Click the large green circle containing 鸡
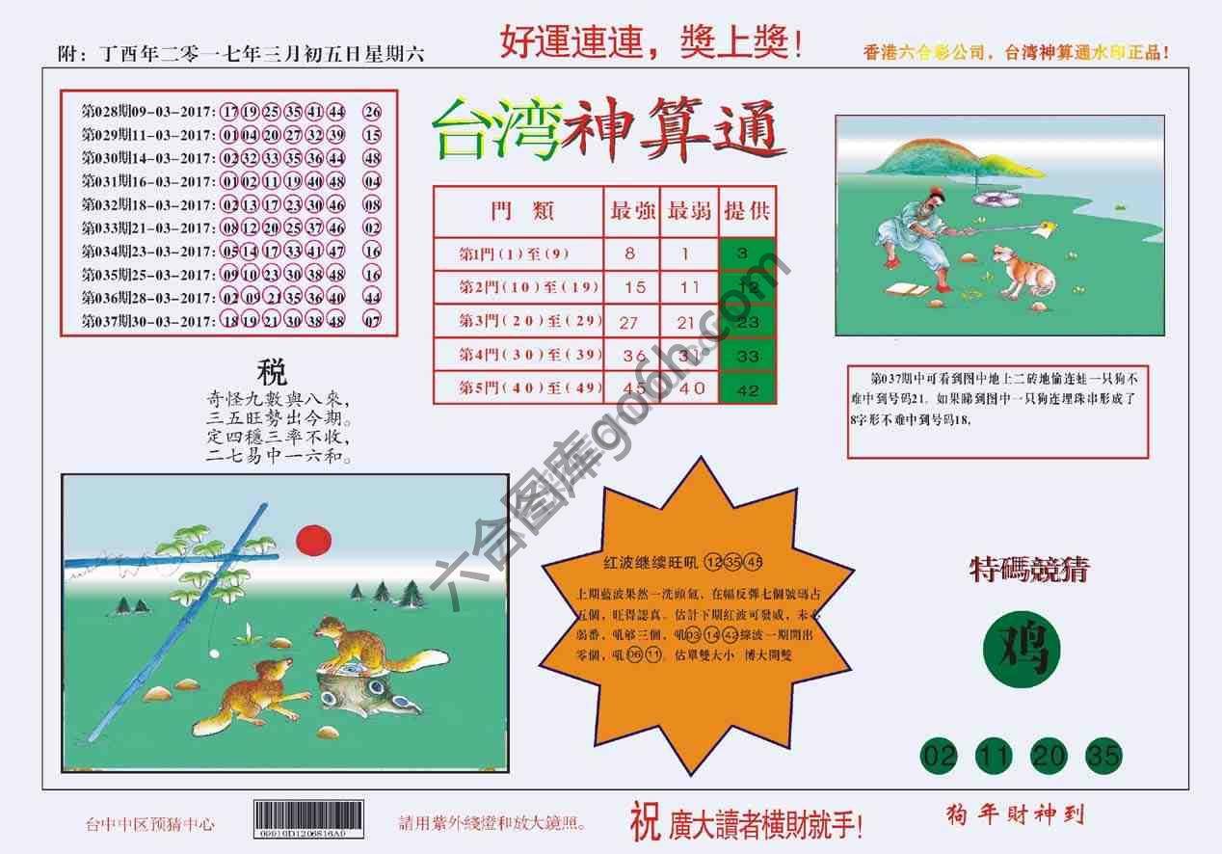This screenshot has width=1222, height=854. point(1022,650)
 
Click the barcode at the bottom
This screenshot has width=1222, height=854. point(308,819)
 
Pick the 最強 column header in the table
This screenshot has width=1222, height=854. point(633,211)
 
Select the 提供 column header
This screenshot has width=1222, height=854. point(747,211)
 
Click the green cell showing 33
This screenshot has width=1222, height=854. point(747,356)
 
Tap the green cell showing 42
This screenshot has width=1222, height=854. point(747,389)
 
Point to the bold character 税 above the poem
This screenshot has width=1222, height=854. point(272,372)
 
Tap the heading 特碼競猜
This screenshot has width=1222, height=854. point(1028,570)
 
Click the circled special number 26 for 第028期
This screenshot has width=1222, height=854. point(372,112)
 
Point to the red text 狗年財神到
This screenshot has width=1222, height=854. point(1015,815)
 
